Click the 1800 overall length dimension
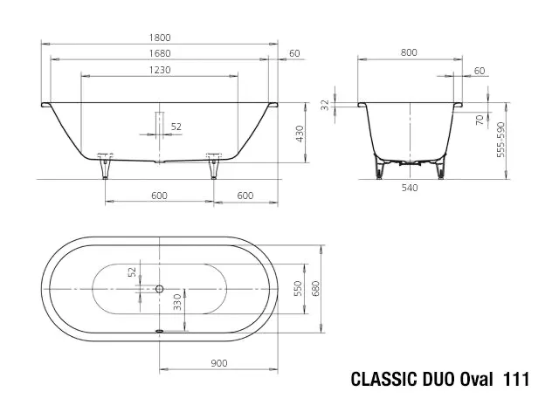(x=158, y=37)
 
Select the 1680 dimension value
(x=158, y=53)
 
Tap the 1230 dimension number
(x=158, y=71)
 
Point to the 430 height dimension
(x=300, y=134)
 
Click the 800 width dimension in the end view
(x=409, y=53)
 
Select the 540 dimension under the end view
(x=409, y=187)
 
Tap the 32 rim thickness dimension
(x=325, y=106)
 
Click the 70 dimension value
(x=480, y=120)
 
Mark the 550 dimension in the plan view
(x=298, y=288)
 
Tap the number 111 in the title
(x=516, y=380)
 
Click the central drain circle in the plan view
(x=159, y=288)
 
